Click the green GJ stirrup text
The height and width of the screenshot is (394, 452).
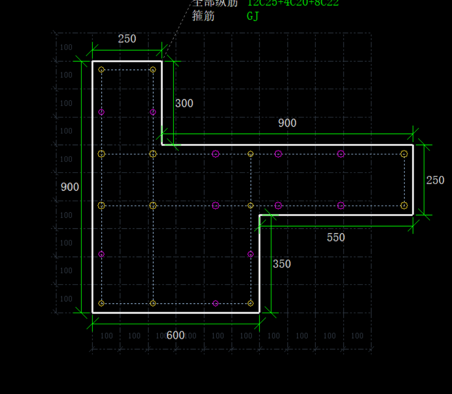click(253, 16)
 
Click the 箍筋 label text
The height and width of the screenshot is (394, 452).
click(203, 16)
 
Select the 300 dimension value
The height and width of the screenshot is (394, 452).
click(184, 103)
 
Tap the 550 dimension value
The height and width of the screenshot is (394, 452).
click(336, 237)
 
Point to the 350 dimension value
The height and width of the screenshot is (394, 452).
click(282, 264)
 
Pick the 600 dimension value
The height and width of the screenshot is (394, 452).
click(176, 335)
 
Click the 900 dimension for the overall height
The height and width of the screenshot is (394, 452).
click(70, 187)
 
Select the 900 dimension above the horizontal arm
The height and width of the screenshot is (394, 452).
click(287, 123)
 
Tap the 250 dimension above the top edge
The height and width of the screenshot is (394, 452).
click(127, 39)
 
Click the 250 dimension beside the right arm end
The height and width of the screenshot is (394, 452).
click(435, 180)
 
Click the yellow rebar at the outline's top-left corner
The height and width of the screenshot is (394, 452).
click(102, 70)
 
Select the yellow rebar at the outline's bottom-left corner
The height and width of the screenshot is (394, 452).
click(102, 303)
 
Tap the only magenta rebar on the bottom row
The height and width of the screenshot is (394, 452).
click(216, 303)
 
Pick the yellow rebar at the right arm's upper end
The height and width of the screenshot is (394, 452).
click(404, 154)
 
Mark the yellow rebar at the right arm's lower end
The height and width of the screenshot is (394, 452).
click(404, 205)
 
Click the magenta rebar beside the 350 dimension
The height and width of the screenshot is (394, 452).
click(251, 254)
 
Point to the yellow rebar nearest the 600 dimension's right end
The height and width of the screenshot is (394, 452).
click(251, 303)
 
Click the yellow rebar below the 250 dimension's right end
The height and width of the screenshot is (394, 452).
click(153, 70)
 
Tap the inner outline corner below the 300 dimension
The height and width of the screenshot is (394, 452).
click(162, 145)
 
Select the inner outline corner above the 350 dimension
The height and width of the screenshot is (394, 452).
click(260, 215)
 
